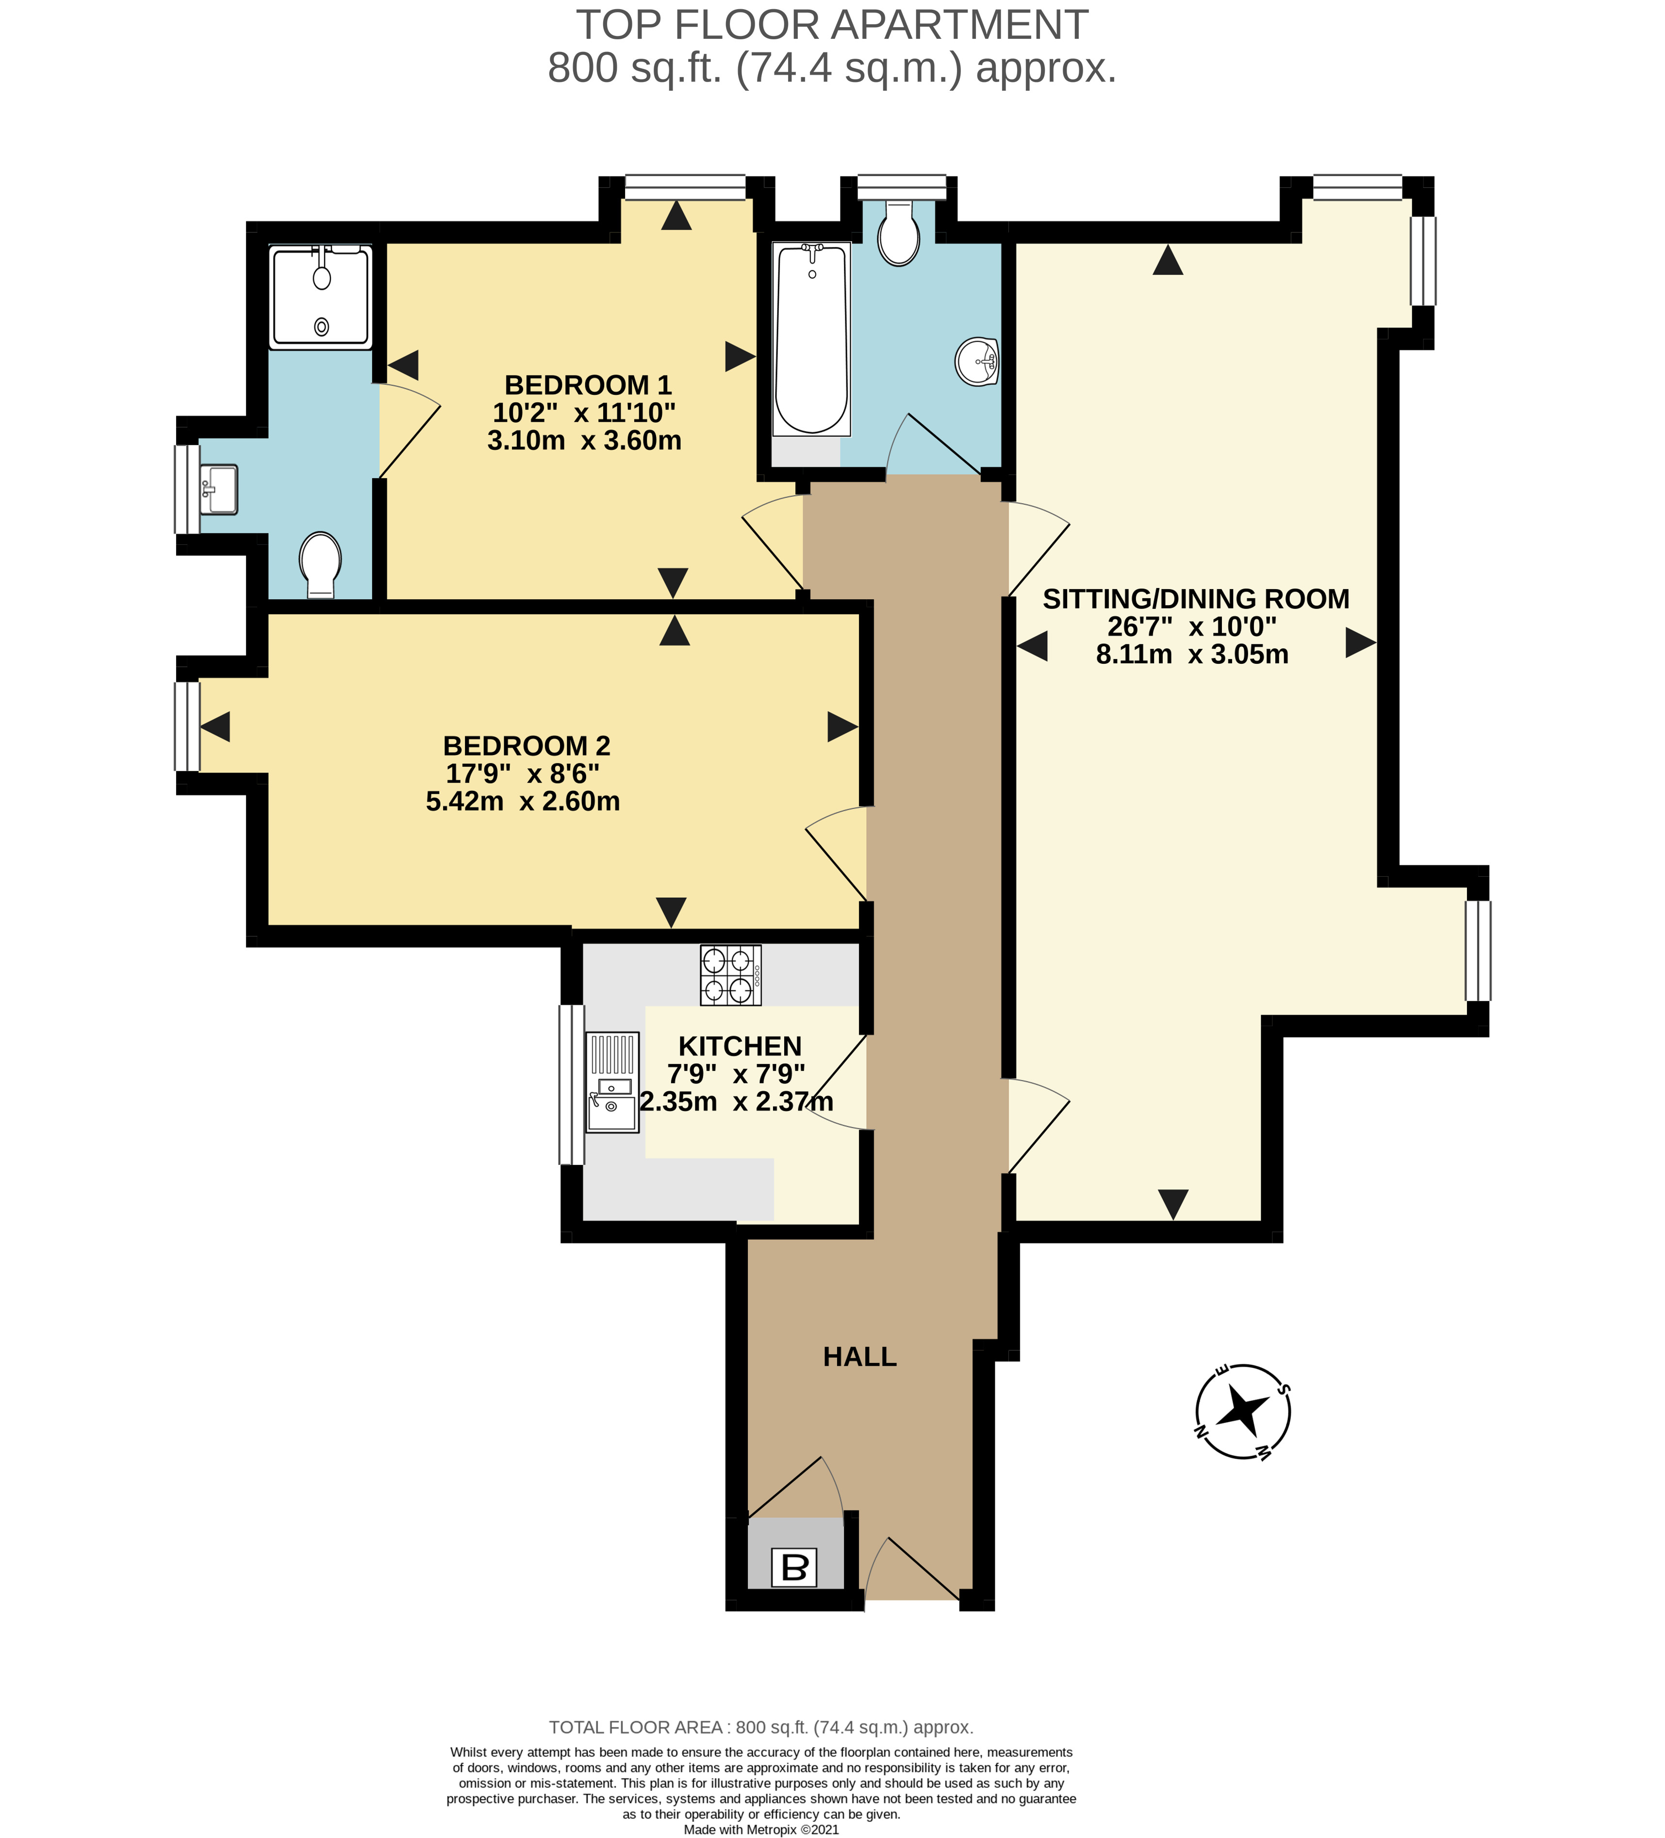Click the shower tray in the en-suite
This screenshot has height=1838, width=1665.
coord(321,297)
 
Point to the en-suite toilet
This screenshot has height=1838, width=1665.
coord(320,565)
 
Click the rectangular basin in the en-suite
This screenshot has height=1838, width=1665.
coord(219,490)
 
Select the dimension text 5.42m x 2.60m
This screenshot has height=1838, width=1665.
coord(523,802)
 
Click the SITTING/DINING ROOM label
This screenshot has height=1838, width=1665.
coord(1195,599)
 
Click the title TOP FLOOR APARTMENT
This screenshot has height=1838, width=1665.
coord(832,25)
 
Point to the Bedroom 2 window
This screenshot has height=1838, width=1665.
coord(187,727)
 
